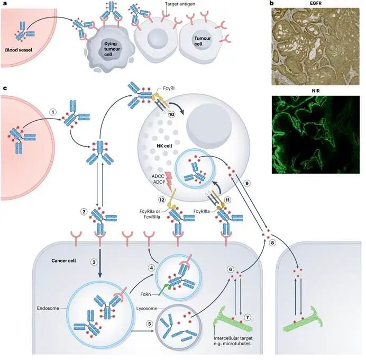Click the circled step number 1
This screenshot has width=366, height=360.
coord(53,112)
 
